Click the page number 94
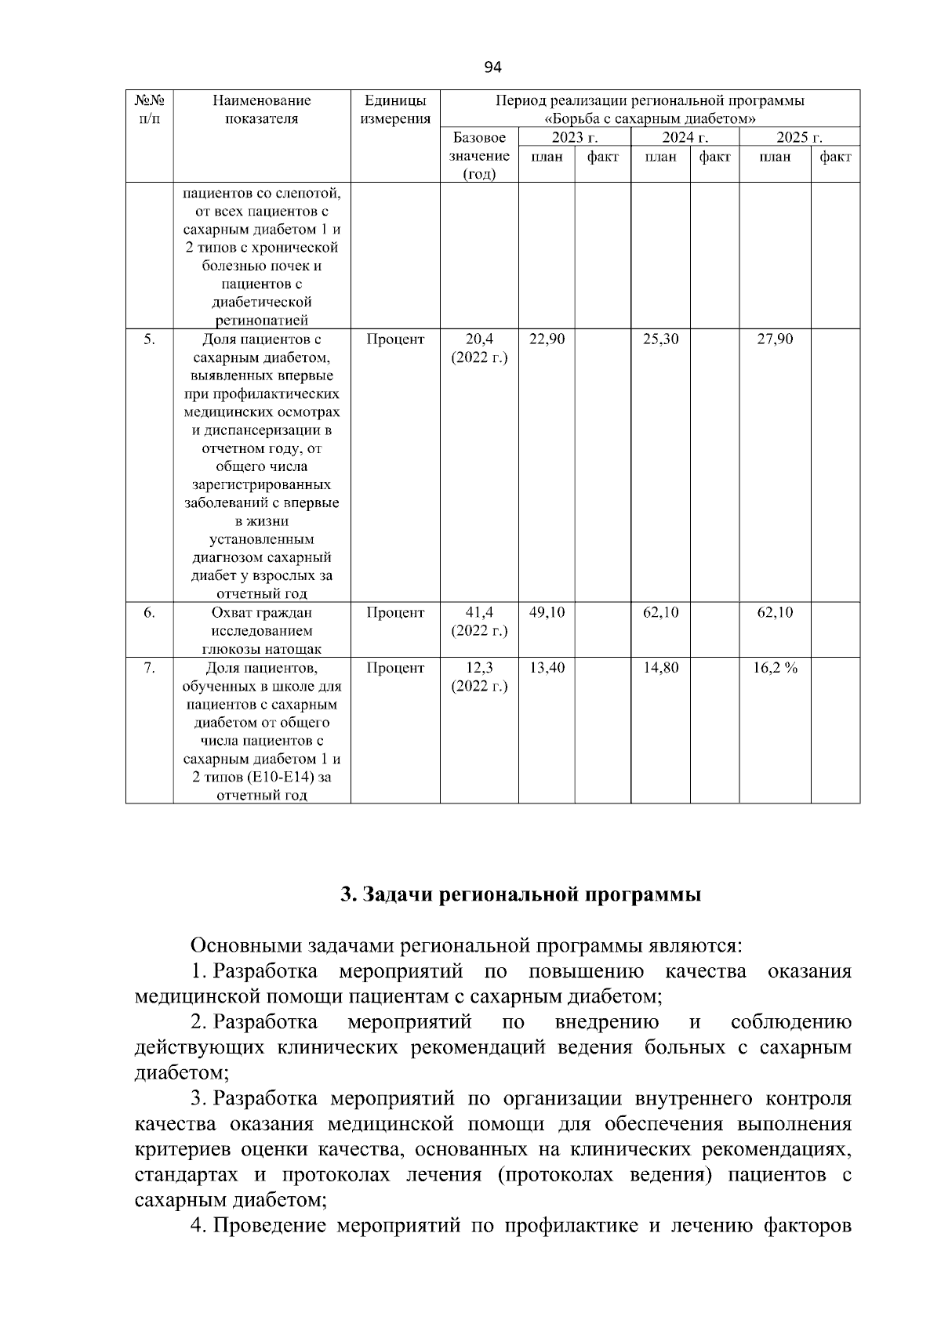pos(492,67)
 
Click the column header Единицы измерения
pos(395,110)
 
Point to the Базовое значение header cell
pos(479,156)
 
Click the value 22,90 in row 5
pos(547,339)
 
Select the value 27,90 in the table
pos(775,339)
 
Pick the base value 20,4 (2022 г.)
pos(479,349)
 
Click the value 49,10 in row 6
pos(547,612)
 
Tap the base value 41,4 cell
pos(479,622)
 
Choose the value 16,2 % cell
pos(775,668)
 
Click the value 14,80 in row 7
pos(661,668)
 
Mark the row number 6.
pos(149,612)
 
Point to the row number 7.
pos(149,668)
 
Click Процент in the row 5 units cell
pos(395,339)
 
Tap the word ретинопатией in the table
pos(262,320)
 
